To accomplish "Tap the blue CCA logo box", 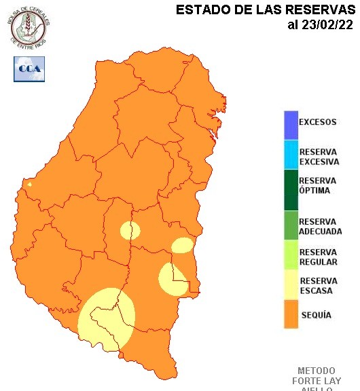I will tap(29, 69).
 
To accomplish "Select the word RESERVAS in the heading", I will tap(319, 10).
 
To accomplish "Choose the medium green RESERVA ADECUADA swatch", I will tap(291, 226).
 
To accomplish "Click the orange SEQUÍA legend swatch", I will tap(291, 316).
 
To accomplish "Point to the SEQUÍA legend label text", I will tap(316, 316).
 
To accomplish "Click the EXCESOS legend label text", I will tap(318, 123).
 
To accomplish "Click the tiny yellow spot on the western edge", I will tap(29, 183).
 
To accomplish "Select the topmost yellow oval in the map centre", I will tap(130, 231).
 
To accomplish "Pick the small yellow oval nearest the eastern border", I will tap(182, 245).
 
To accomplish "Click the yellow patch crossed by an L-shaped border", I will tap(173, 279).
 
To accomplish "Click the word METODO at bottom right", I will tap(316, 371).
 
